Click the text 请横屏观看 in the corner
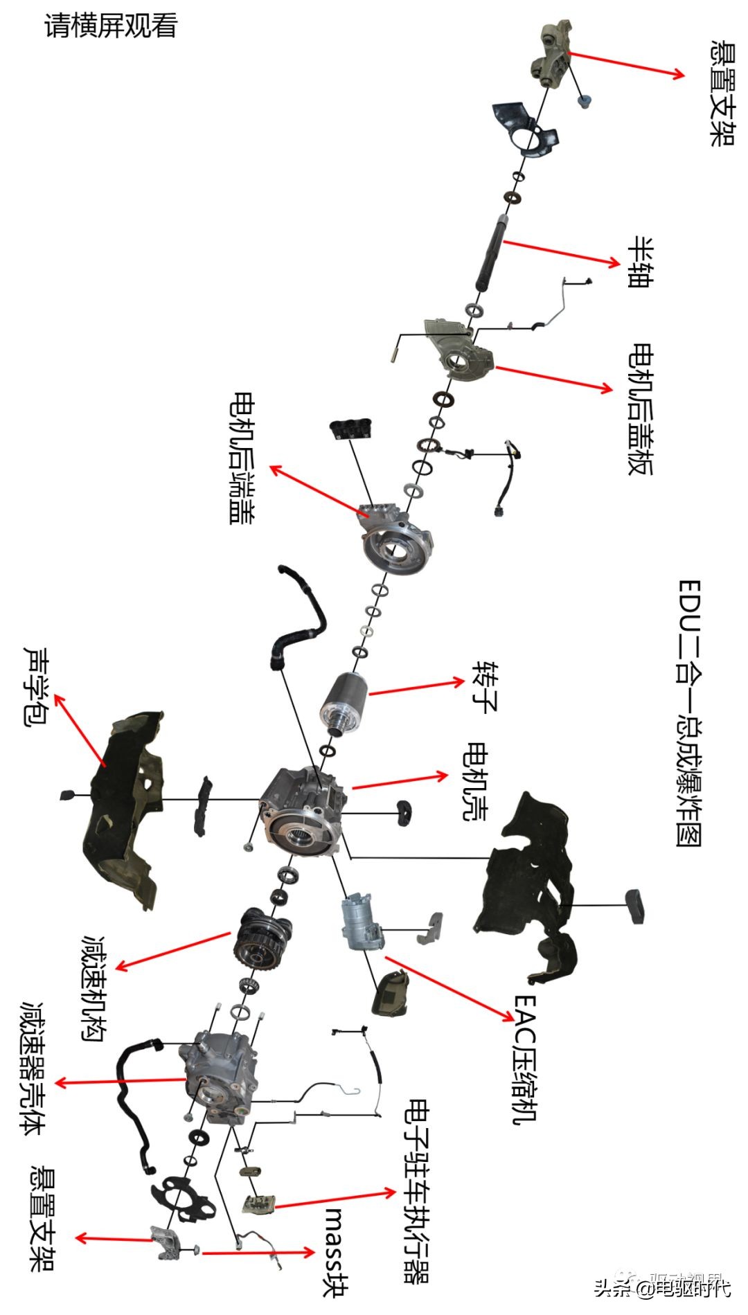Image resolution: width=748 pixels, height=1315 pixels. point(111,26)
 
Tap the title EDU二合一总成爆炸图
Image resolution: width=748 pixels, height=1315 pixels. point(689,713)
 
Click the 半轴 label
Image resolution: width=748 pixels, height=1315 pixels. point(640,262)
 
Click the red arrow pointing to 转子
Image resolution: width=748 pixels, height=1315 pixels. point(416,687)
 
